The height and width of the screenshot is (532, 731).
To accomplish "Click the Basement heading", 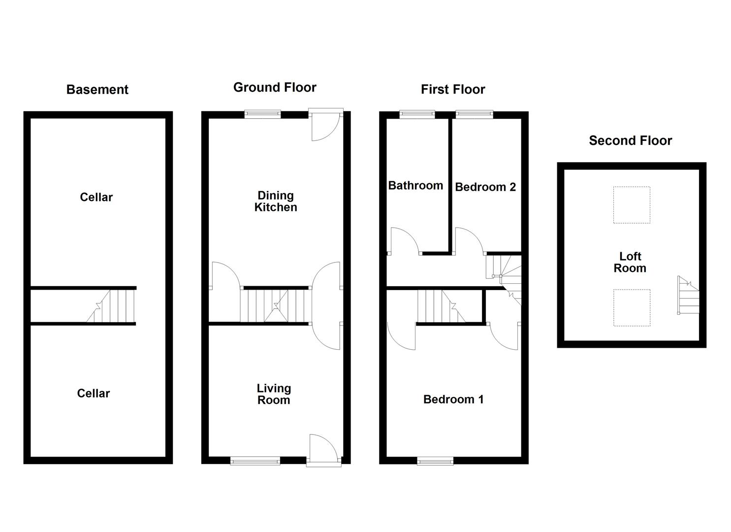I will coord(97,90).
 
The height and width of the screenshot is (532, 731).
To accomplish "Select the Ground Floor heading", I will coord(275,88).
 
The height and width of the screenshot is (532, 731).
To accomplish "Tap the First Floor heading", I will coord(453,89).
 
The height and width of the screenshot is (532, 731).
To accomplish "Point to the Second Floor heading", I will coord(630,141).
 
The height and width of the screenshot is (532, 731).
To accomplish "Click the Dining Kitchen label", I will coord(276,201).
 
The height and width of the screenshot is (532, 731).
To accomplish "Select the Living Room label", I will coord(274,394).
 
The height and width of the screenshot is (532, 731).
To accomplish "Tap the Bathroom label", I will coord(415,186).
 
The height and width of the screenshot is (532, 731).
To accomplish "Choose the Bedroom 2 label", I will coord(485,187).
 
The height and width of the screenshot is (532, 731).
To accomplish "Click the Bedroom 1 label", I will coord(453,399).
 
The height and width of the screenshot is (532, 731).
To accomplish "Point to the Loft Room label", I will coord(630,262).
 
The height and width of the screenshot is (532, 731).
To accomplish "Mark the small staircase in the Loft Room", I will coord(688,296).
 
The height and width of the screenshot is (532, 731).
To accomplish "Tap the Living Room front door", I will coord(323,449).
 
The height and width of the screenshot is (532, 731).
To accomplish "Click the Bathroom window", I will coord(417,115).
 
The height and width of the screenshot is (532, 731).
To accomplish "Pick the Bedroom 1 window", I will coord(435,461).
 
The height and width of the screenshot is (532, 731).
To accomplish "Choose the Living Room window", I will coord(255,461).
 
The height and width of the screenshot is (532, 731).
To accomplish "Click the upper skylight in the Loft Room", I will coord(632,204).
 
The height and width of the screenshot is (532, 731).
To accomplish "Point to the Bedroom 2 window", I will coord(475,115).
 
